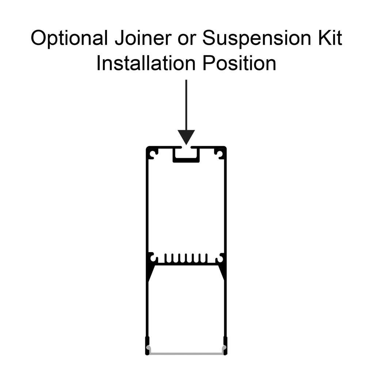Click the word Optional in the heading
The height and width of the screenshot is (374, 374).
click(69, 38)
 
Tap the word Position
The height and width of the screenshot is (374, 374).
click(239, 63)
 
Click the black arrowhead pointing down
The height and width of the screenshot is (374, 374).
click(186, 137)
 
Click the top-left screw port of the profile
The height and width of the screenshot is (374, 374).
click(154, 154)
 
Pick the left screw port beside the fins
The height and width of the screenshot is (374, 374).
click(154, 259)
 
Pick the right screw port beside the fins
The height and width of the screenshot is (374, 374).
click(219, 259)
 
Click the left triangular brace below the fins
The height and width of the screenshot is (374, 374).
click(150, 272)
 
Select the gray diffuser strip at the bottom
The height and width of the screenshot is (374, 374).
click(186, 353)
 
